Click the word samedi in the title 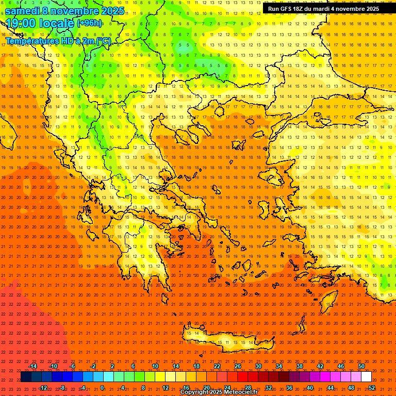[x=25, y=11]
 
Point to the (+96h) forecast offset [x=89, y=23]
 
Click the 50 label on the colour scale [x=361, y=366]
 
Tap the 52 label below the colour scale [x=372, y=388]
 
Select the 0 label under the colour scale [x=102, y=388]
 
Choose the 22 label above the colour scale [x=217, y=366]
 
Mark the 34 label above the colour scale [x=279, y=366]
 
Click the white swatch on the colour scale [x=367, y=377]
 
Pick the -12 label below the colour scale [x=43, y=388]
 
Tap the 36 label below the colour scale [x=289, y=388]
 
